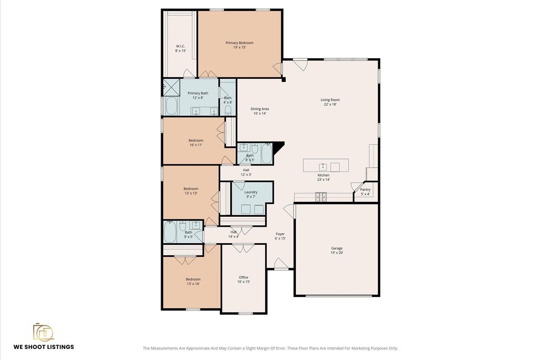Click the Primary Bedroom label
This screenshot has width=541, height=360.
(239, 43)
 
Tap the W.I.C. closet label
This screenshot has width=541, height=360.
(181, 46)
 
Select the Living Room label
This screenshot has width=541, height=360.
(330, 100)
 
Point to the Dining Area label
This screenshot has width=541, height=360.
(259, 109)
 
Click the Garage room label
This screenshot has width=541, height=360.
(337, 248)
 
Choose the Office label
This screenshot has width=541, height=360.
(244, 277)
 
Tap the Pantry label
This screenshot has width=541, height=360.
(366, 189)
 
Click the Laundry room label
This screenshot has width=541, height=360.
(251, 192)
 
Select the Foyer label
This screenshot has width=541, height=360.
(280, 234)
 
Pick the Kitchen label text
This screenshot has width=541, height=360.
(323, 175)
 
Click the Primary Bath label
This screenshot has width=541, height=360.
(198, 93)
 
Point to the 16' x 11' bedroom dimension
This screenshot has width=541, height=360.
(195, 145)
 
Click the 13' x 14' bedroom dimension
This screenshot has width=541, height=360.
(193, 284)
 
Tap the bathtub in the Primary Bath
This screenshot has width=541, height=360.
(172, 106)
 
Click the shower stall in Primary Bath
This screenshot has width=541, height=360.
(172, 87)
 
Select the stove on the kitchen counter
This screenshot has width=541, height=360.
(321, 197)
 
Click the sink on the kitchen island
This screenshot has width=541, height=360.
(323, 168)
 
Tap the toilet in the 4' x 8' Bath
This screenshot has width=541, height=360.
(228, 110)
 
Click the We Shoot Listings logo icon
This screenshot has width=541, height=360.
(43, 333)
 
